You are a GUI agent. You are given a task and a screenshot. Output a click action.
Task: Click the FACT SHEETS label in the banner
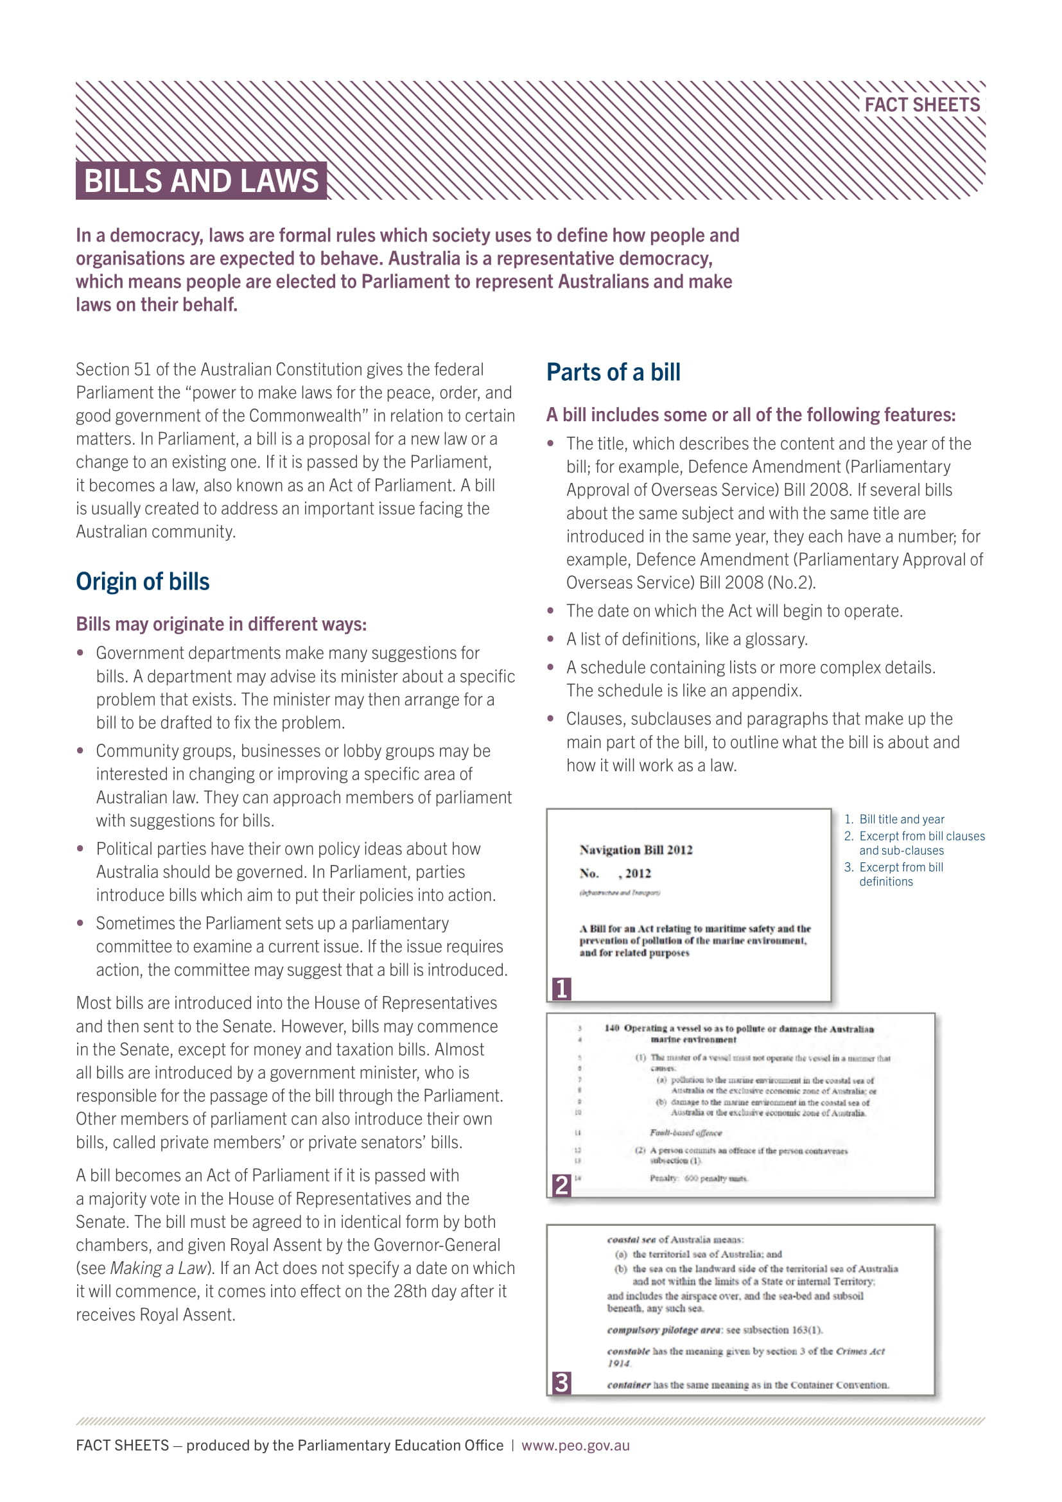(921, 105)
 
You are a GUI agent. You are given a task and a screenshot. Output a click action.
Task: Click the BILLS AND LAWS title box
(202, 180)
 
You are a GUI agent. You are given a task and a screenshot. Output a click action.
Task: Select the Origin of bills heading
(143, 582)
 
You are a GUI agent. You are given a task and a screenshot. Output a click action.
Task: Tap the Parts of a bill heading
(613, 372)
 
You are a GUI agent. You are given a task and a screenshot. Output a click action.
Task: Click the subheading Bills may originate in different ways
(221, 624)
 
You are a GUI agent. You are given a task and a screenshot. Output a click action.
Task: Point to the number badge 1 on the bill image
(561, 988)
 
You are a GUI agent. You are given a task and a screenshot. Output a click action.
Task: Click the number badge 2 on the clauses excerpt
(561, 1185)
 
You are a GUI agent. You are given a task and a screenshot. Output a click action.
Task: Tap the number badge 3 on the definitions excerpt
(561, 1383)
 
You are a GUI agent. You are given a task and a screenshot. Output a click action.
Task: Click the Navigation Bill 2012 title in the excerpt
(636, 850)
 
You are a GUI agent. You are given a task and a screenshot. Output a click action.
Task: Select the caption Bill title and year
(901, 819)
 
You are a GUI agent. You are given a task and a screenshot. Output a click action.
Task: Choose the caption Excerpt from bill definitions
(900, 874)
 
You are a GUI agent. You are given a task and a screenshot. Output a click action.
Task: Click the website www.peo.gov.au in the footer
(575, 1445)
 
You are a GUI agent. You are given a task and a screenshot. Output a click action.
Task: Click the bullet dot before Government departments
(80, 653)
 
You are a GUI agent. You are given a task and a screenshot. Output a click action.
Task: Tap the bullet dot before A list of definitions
(551, 638)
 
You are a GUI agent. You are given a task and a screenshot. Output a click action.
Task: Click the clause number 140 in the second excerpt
(611, 1028)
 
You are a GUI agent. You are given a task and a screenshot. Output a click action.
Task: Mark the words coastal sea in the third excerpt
(631, 1239)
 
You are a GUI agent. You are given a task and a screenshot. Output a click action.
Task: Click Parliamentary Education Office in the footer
(400, 1445)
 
